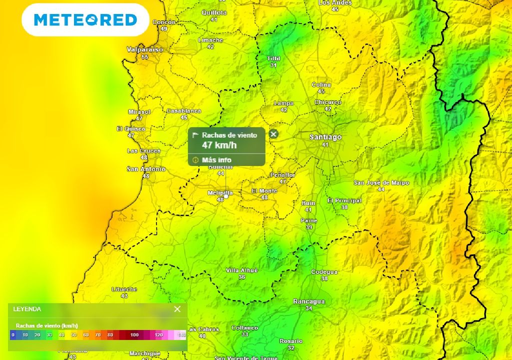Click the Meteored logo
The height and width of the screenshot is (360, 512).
(x=85, y=20)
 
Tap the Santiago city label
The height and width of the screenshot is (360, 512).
(x=325, y=137)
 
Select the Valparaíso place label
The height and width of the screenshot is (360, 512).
(x=145, y=49)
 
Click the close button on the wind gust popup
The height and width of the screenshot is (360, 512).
(x=273, y=134)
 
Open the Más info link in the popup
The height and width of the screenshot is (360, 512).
(x=216, y=160)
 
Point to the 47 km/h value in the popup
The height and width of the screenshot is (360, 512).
(x=219, y=145)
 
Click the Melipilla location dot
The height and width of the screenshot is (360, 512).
(x=226, y=196)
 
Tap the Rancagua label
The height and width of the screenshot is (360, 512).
(x=308, y=301)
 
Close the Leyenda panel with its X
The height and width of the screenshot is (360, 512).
(x=177, y=309)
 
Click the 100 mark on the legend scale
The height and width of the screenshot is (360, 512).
(x=134, y=334)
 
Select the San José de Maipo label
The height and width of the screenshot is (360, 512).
(x=381, y=183)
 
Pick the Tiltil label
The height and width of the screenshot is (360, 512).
(x=273, y=59)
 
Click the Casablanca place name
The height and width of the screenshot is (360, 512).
(x=183, y=111)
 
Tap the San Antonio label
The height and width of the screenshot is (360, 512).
(x=146, y=169)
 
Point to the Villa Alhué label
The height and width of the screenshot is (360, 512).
(x=242, y=270)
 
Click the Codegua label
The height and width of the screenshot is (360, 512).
(x=324, y=272)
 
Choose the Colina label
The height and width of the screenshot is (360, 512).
(x=321, y=85)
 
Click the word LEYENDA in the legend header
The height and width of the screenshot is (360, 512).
(x=27, y=309)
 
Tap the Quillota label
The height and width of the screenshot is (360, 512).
(x=214, y=13)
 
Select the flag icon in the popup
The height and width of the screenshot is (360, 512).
(x=196, y=135)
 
